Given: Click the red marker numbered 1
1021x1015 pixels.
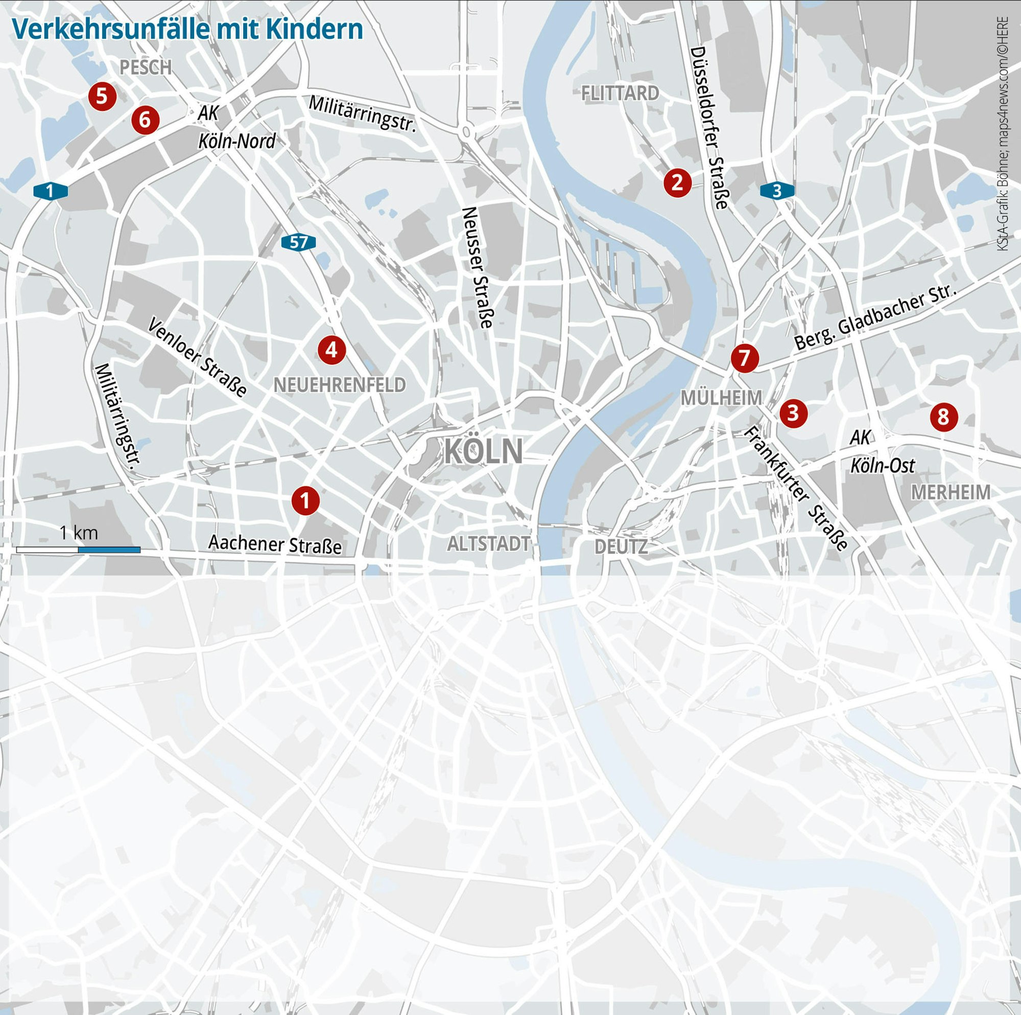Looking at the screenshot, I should pyautogui.click(x=305, y=500).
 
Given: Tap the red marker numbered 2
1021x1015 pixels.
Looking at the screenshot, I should pyautogui.click(x=677, y=182).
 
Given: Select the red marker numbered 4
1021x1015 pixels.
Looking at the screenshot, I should pyautogui.click(x=331, y=349).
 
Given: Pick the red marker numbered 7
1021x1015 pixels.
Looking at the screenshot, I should pyautogui.click(x=745, y=358).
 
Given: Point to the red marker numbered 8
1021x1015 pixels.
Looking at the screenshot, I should pyautogui.click(x=943, y=417).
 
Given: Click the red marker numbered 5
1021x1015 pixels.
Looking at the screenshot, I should pyautogui.click(x=102, y=96).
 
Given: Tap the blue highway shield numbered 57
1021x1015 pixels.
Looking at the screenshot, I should pyautogui.click(x=299, y=243).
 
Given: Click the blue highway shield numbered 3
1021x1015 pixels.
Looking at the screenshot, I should pyautogui.click(x=777, y=191).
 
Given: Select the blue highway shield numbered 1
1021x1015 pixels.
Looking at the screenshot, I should pyautogui.click(x=51, y=191).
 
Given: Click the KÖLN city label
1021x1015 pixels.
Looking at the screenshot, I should pyautogui.click(x=483, y=452).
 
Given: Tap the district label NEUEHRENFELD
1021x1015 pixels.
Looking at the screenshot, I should pyautogui.click(x=339, y=384).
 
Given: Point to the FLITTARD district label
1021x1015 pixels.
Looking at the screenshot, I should pyautogui.click(x=620, y=93).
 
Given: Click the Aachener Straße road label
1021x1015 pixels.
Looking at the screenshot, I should pyautogui.click(x=275, y=544).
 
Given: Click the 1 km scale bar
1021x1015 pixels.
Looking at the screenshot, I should pyautogui.click(x=78, y=549).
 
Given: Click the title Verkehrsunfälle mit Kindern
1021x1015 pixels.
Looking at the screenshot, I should pyautogui.click(x=187, y=29).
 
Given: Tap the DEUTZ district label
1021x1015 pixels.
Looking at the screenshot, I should pyautogui.click(x=621, y=547).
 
